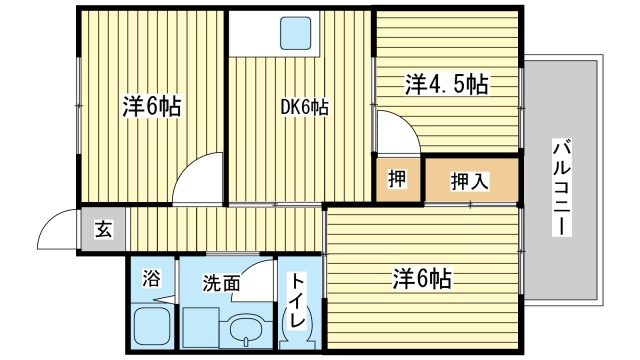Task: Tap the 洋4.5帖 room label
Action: click(x=446, y=84)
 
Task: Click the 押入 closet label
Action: click(x=470, y=181)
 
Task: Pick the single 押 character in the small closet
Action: click(x=398, y=180)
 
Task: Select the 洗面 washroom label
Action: click(x=221, y=283)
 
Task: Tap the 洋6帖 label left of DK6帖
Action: click(x=152, y=106)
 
